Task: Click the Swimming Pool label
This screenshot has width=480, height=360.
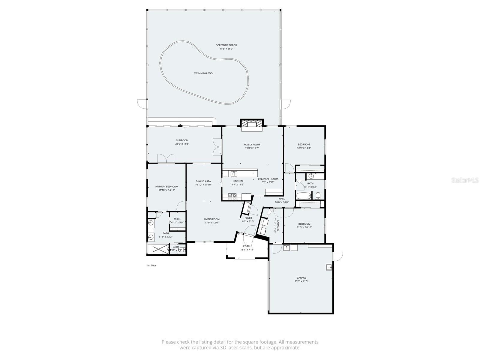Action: [x=204, y=73]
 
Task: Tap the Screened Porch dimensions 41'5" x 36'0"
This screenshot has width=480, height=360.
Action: [x=226, y=49]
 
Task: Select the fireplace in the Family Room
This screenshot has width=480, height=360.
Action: [x=252, y=124]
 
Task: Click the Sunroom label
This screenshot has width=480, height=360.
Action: [x=182, y=140]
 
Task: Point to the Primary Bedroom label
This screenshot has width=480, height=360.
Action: [x=166, y=187]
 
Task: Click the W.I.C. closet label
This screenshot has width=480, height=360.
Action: [x=177, y=219]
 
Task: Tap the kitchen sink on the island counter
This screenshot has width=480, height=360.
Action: [x=234, y=173]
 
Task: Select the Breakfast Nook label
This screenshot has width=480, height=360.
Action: [x=268, y=179]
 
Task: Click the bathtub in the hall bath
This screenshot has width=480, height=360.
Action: [x=304, y=196]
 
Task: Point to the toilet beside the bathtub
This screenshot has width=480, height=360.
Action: [x=318, y=196]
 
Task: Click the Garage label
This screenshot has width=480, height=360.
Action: [x=301, y=278]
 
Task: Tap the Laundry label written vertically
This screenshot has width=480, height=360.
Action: [x=278, y=226]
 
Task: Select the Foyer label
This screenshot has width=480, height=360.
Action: [x=248, y=218]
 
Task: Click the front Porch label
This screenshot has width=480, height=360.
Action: [x=247, y=246]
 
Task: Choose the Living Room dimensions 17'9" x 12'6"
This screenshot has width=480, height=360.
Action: [x=211, y=223]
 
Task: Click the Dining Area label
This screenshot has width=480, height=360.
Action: [x=203, y=181]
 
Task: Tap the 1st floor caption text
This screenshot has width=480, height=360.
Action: [x=151, y=265]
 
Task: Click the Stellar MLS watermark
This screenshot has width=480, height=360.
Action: [x=465, y=180]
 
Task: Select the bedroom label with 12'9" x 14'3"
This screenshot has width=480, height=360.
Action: [x=304, y=145]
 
